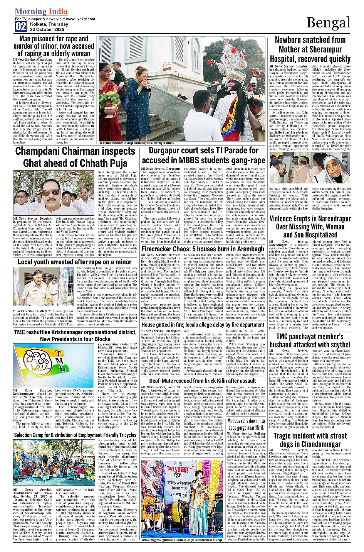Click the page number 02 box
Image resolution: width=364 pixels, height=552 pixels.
(x=21, y=26)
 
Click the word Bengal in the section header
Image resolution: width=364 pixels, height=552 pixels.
(x=328, y=23)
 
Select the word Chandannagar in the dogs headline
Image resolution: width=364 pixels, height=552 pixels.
(x=321, y=444)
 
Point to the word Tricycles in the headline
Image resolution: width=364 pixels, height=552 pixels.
(x=119, y=435)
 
